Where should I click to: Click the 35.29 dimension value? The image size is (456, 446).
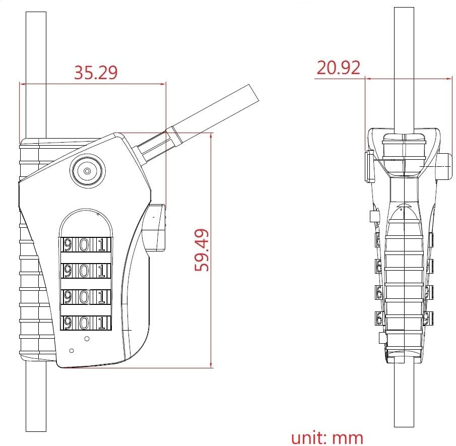[x=96, y=73]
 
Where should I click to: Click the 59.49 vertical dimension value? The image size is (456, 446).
[x=203, y=249]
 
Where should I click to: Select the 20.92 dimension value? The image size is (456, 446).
[x=338, y=67]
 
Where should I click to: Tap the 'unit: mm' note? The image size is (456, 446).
[x=327, y=436]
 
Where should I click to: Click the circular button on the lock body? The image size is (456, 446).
[x=87, y=171]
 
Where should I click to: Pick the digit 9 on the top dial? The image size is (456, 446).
[x=68, y=245]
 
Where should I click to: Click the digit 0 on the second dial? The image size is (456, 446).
[x=85, y=271]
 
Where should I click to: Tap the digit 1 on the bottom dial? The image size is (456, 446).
[x=102, y=323]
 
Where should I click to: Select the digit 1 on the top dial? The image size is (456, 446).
[x=102, y=245]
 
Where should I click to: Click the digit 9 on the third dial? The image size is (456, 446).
[x=68, y=297]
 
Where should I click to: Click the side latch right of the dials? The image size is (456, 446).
[x=155, y=227]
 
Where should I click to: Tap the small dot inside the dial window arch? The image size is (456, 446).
[x=98, y=214]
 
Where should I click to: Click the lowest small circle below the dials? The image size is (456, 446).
[x=72, y=350]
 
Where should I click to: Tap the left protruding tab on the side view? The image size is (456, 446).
[x=368, y=167]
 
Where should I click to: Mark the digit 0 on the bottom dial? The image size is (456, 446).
[x=85, y=323]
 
